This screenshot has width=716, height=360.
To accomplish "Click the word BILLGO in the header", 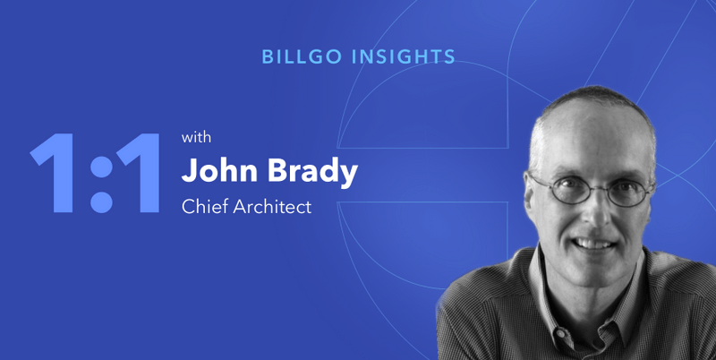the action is [302, 56].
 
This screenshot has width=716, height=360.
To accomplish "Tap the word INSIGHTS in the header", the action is [404, 56].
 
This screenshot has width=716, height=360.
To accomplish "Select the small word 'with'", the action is [196, 138].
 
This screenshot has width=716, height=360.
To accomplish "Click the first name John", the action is [219, 171].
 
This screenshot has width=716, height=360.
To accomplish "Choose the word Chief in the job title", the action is [204, 207].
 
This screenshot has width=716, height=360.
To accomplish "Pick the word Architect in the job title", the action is [273, 207].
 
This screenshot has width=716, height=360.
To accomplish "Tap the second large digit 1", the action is [139, 173].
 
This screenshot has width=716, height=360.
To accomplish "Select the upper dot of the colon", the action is [101, 167].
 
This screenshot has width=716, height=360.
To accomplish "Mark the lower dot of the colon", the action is [101, 201].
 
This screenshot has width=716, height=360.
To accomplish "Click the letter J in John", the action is [190, 171].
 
